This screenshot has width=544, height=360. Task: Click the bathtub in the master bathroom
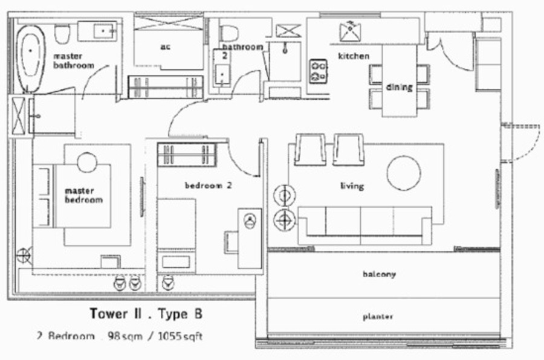coord(31,59)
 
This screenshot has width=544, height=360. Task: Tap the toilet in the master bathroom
coord(63,34)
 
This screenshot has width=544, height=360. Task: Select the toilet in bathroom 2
coord(229,33)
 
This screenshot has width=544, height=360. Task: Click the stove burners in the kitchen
coord(318,71)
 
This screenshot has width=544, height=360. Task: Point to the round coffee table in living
coord(404,173)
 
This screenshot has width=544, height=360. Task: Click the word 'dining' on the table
coord(400,87)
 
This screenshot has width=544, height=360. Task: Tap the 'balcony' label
coord(379,274)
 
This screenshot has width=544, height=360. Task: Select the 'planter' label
coord(378,317)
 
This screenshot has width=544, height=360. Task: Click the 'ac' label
coord(166,47)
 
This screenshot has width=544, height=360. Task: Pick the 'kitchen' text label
coord(354,56)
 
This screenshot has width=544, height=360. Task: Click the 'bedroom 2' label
coord(208,185)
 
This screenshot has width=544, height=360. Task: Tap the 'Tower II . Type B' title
coord(146,314)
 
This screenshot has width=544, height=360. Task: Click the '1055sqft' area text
coord(180,336)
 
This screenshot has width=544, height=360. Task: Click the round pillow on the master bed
coord(87,162)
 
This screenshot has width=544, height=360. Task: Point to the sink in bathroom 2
coord(222,74)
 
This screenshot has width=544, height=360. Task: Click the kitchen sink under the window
coord(350,31)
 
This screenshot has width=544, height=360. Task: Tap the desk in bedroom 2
coord(250,238)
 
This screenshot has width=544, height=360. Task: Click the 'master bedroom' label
coord(83,195)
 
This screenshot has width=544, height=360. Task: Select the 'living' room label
coord(352,186)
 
